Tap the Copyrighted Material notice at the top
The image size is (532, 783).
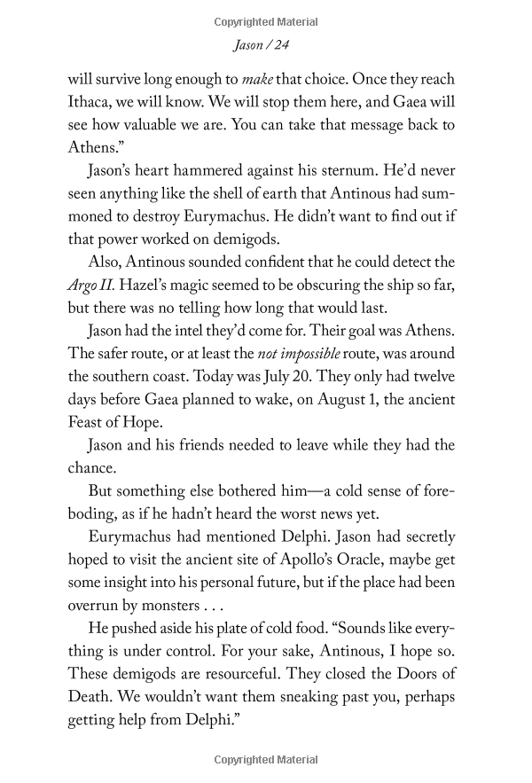pos(266,21)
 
